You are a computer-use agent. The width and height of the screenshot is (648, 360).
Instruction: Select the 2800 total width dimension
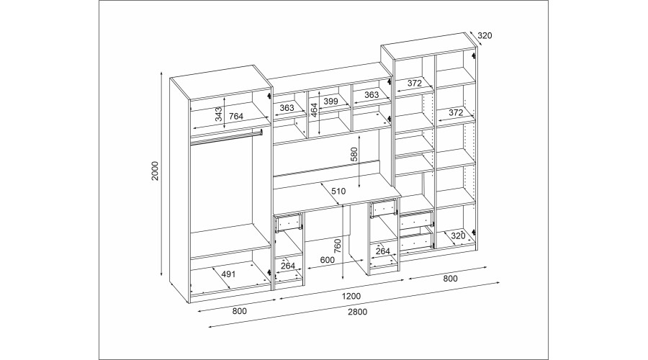pos(358,312)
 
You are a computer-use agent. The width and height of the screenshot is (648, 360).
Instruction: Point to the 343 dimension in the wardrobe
pos(218,113)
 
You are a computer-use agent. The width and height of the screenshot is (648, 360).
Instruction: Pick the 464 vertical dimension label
pos(314,110)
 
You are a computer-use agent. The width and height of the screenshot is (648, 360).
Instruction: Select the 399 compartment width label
pos(330,102)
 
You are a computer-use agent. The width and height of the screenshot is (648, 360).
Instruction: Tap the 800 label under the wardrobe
pos(239,312)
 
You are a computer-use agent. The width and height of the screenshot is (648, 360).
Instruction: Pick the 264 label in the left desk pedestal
pos(288,265)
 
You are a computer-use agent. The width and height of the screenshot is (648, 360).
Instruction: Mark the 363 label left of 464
pos(287,107)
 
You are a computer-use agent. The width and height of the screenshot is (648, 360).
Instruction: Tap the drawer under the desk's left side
pos(288,223)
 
